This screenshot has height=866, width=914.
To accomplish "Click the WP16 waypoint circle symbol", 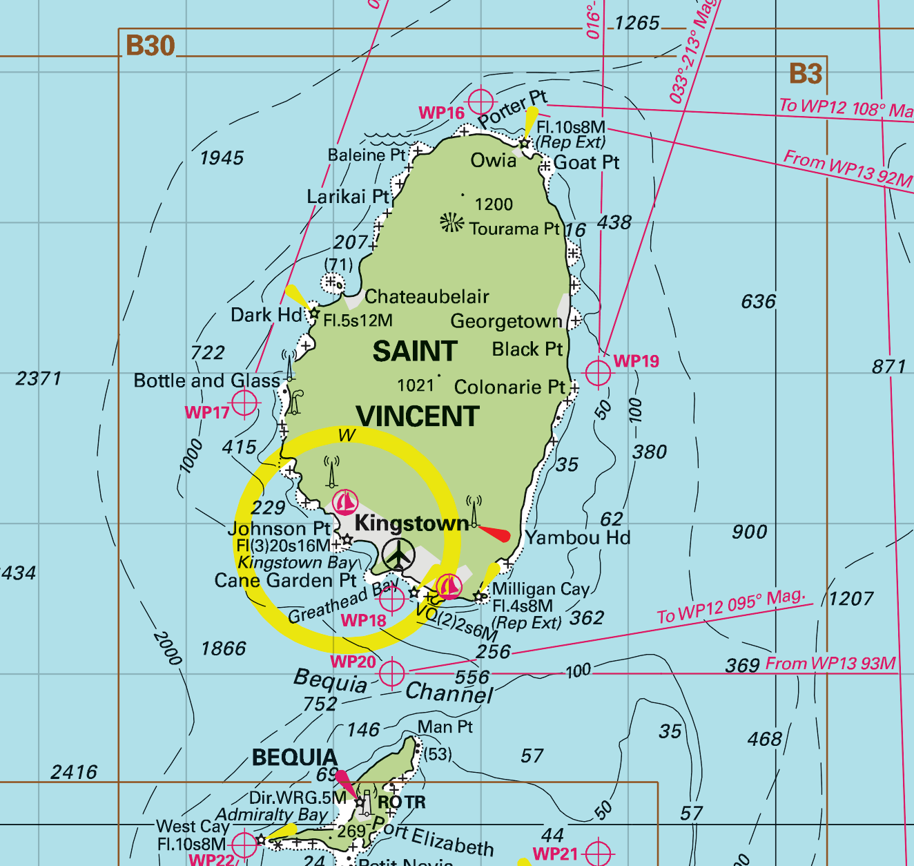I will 480,103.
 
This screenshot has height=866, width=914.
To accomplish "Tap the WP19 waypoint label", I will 636,361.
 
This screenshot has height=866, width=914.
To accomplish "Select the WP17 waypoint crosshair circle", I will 244,403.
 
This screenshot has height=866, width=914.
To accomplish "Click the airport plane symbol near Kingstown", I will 398,555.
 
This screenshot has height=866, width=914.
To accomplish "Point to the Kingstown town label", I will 411,523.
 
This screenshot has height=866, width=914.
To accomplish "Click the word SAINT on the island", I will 415,352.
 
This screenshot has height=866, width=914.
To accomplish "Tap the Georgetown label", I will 506,321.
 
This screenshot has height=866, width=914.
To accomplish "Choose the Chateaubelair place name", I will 427,297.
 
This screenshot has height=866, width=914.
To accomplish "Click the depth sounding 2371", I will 39,378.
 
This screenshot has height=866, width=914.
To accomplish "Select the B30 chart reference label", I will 150,46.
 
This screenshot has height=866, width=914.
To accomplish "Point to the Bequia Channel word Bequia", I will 331,681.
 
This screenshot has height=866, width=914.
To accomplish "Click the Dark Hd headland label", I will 266,315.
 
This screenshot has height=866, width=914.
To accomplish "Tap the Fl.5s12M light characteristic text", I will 358,320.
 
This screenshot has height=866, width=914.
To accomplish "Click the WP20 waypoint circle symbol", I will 391,673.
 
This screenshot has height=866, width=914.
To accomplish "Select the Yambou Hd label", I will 578,537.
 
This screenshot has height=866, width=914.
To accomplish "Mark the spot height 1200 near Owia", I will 494,204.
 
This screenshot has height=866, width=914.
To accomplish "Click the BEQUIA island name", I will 295,758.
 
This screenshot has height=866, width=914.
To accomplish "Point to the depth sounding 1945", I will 222,158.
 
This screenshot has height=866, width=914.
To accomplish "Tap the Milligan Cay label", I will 541,589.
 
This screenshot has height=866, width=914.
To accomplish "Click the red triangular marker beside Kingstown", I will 496,533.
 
